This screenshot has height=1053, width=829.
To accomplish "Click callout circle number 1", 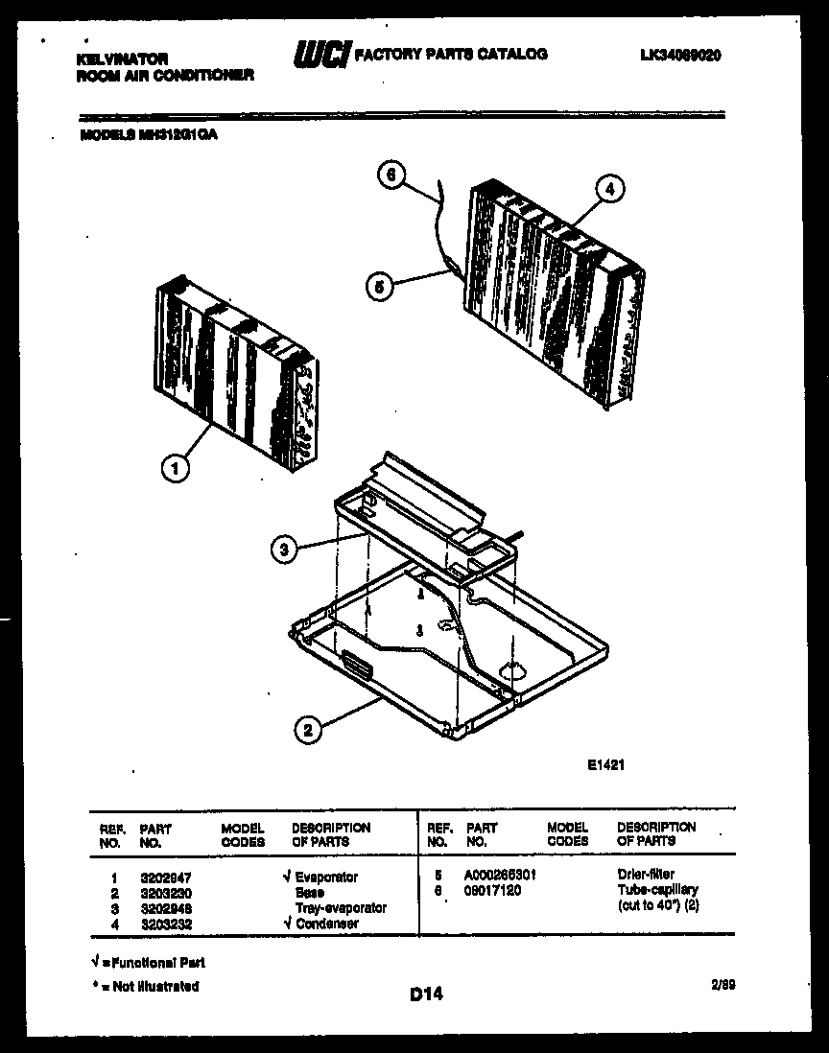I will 173,468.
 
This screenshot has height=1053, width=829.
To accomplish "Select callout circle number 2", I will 307,731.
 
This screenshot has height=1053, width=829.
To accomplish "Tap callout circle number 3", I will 283,550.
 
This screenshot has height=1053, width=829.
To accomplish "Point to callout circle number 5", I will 379,286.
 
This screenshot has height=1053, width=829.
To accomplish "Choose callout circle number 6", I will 391,175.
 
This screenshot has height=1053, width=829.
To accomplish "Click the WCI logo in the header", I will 322,56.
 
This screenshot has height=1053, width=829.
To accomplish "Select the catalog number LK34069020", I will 680,56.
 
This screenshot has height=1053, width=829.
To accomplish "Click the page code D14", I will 426,995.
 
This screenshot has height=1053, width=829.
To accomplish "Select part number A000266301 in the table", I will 500,875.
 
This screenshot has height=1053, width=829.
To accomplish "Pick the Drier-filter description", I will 646,875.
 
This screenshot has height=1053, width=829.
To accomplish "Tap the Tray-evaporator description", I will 341,907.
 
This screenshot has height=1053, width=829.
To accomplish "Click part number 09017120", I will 492,890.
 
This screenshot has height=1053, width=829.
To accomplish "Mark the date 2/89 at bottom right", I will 725,983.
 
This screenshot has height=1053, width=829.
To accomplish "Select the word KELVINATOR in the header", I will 122,59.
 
